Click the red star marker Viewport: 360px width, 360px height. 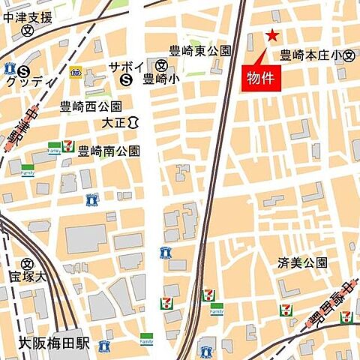click(x=271, y=35)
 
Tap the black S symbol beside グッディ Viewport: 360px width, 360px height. click(x=24, y=70)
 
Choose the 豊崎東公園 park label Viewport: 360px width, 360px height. click(x=199, y=51)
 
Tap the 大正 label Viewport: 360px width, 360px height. click(x=113, y=121)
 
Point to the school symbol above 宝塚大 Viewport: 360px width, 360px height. click(x=28, y=263)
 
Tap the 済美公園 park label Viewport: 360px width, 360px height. click(x=302, y=262)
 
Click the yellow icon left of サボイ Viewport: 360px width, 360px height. click(x=75, y=71)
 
